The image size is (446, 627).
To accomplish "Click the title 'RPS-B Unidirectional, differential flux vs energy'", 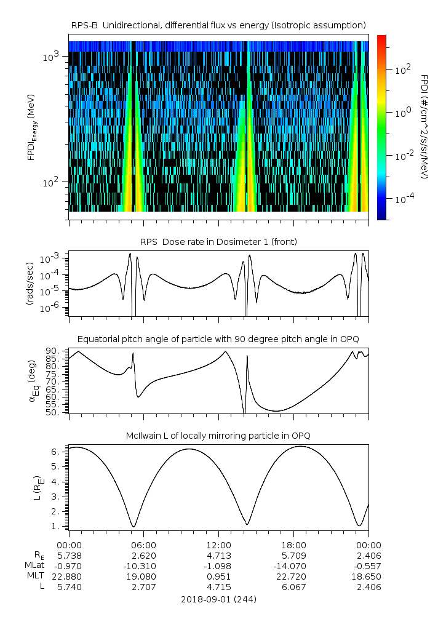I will coord(218,25).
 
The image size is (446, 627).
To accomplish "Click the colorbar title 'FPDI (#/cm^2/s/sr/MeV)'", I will coord(424,126).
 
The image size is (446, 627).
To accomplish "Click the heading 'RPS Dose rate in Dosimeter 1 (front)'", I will coord(218,242).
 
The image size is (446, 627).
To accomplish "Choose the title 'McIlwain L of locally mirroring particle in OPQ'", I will coord(218,436).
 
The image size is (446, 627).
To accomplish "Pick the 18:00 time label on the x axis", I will coord(293,545).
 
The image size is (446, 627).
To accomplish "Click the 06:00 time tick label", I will coord(144,545).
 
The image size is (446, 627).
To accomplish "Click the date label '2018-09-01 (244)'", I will coord(218,599).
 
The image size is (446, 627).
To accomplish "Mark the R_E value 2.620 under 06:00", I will coord(144,556).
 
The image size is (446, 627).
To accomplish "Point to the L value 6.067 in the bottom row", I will coord(293,587).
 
